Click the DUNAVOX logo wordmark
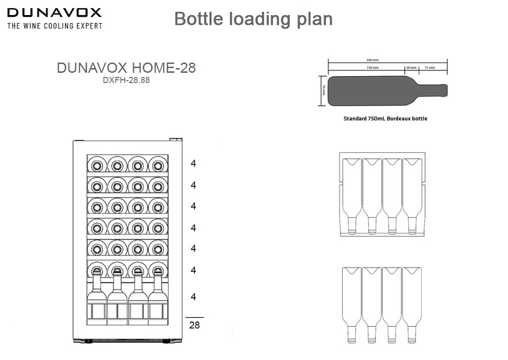click(54, 13)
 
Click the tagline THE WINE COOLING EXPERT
click(54, 25)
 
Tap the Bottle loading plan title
click(253, 19)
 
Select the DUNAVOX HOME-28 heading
click(126, 69)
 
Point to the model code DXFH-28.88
click(126, 81)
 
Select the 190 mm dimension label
click(373, 68)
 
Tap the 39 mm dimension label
click(411, 68)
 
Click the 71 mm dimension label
click(430, 68)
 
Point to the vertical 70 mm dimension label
click(323, 91)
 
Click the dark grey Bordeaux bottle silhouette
click(375, 91)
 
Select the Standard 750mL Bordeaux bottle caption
click(385, 118)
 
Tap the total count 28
click(194, 325)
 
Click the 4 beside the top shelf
click(193, 163)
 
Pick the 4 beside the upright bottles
click(193, 297)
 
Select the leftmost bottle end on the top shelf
click(97, 164)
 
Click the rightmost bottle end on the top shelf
click(157, 164)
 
